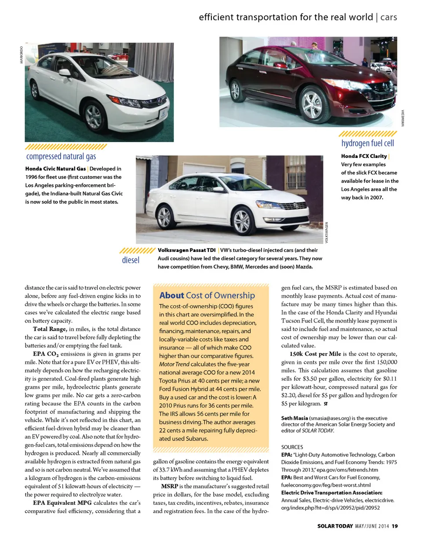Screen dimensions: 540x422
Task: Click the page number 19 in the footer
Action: pyautogui.click(x=395, y=525)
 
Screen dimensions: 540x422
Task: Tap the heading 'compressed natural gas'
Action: pyautogui.click(x=61, y=157)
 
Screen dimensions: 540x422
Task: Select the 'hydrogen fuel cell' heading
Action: pyautogui.click(x=367, y=143)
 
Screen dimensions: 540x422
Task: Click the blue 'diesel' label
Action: pyautogui.click(x=131, y=260)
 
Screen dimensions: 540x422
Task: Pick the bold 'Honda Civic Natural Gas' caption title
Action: pyautogui.click(x=55, y=168)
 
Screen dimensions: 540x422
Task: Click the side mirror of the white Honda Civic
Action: pyautogui.click(x=65, y=73)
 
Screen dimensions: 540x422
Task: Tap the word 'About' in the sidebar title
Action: pyautogui.click(x=171, y=296)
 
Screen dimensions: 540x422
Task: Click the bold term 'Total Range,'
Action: pyautogui.click(x=50, y=329)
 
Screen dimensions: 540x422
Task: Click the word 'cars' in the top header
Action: pyautogui.click(x=389, y=17)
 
